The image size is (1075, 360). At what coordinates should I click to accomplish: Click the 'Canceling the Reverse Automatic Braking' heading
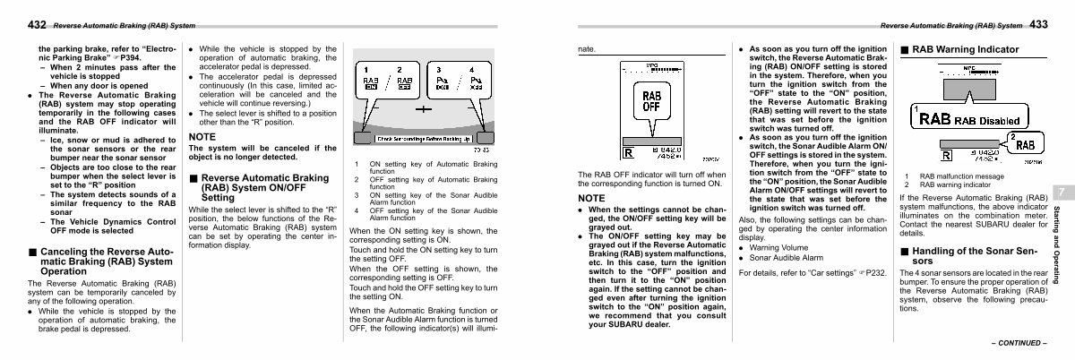[x=100, y=261]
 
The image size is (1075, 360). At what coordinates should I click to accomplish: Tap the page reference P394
[x=124, y=56]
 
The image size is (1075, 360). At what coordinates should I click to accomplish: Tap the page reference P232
[x=873, y=270]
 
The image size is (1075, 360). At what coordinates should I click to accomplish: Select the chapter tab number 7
[x=1058, y=193]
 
